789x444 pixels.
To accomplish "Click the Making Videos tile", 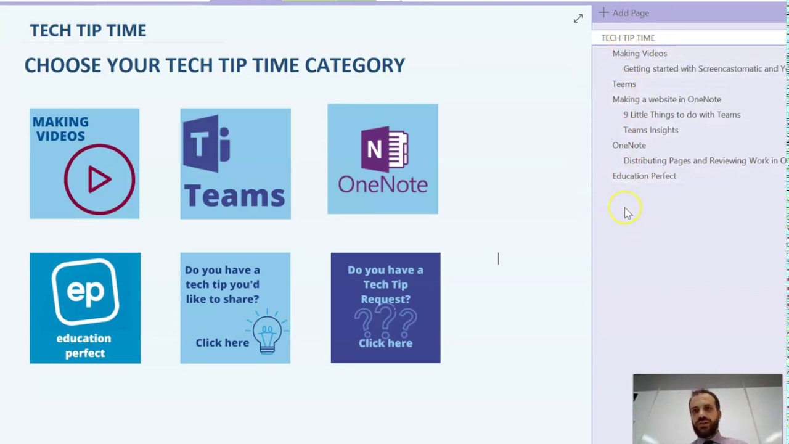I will (x=84, y=163).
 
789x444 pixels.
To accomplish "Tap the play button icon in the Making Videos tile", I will (x=99, y=179).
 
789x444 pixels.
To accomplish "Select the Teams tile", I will (x=235, y=163).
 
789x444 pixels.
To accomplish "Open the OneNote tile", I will (x=382, y=159).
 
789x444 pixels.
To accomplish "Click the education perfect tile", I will (x=85, y=308).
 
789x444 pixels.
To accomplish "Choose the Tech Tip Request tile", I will (x=385, y=308).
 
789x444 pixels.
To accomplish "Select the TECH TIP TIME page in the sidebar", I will (x=628, y=38).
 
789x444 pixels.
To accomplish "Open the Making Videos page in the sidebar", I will (x=639, y=53).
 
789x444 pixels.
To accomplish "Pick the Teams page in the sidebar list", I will (x=624, y=84).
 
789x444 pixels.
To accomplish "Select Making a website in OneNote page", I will (x=666, y=99).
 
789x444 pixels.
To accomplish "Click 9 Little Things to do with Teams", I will (x=682, y=115).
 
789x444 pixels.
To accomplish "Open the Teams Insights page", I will (x=650, y=130).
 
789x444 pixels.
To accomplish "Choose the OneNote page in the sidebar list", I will (x=629, y=145).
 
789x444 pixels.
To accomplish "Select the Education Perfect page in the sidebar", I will (x=644, y=176).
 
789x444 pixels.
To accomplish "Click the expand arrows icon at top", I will (x=578, y=19).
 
